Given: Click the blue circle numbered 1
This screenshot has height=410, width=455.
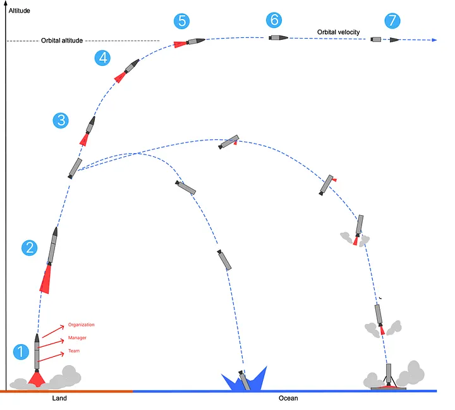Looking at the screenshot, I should (22, 352).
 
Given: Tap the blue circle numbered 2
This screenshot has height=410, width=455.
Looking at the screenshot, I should (29, 248).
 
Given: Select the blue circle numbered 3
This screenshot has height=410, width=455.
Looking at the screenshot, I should (61, 120).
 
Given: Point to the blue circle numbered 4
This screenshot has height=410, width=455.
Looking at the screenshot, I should (102, 58).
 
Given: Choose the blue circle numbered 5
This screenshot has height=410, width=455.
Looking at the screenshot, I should (182, 21).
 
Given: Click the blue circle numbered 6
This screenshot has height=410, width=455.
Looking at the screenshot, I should (274, 20).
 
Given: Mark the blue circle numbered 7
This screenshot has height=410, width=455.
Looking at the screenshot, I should (392, 21).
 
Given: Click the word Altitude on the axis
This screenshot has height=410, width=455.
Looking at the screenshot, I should (19, 11).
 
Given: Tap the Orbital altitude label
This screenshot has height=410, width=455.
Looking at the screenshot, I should (61, 41).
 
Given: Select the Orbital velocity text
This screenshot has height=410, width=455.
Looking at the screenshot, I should (338, 32).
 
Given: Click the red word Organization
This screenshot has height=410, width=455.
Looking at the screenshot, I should (82, 325).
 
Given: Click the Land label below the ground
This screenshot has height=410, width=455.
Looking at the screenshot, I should (59, 399).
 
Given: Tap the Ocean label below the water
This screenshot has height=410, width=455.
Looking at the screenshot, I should (288, 399).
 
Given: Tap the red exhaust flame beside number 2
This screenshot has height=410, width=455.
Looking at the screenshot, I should (45, 278).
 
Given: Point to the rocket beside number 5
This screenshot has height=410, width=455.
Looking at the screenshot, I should (195, 41).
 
